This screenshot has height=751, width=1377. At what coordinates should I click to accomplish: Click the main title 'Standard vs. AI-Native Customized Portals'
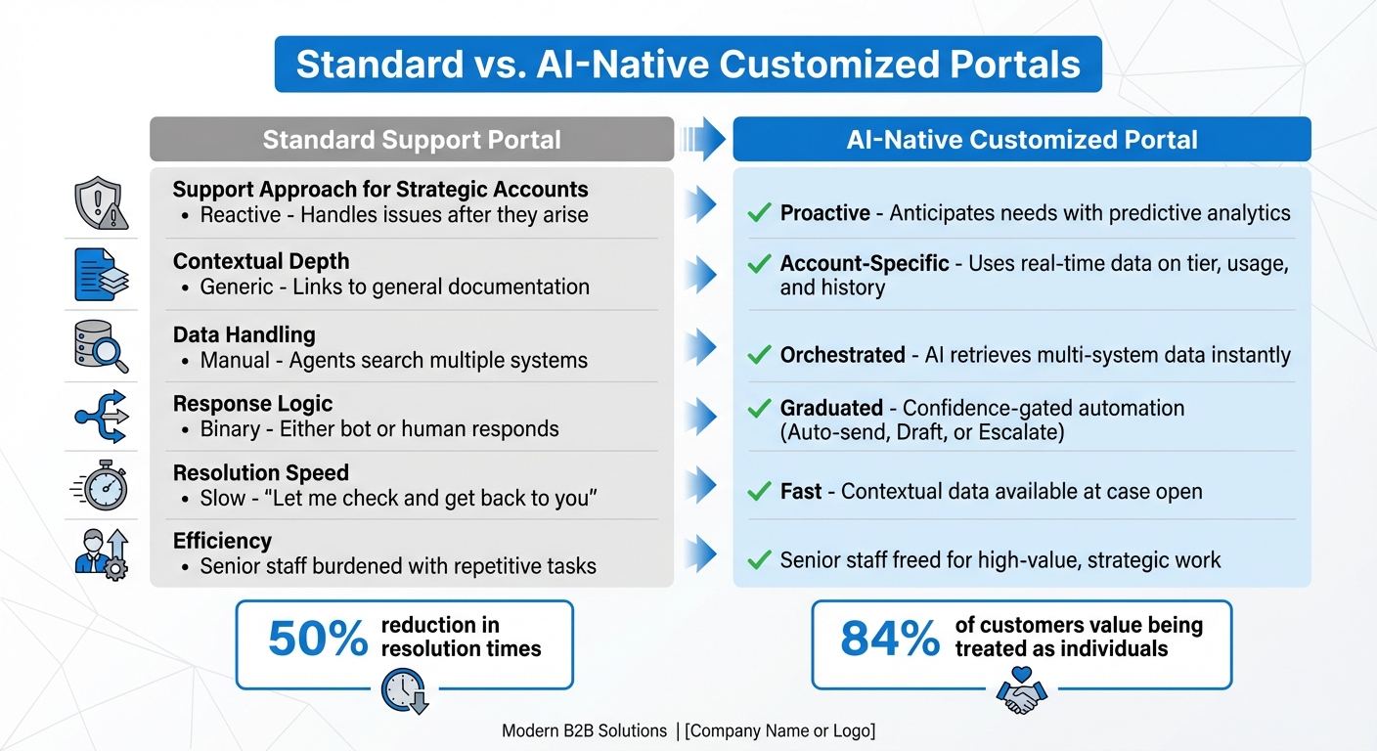coord(688,65)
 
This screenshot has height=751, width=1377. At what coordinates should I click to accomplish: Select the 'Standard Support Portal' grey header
coord(412,140)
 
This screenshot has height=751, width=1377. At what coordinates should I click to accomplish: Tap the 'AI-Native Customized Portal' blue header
coord(1022,140)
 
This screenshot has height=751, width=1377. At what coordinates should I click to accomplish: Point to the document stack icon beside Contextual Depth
coord(101,275)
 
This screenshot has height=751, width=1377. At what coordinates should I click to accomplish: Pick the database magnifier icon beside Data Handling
coord(101,347)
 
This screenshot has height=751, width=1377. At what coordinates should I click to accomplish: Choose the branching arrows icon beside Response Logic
coord(101,417)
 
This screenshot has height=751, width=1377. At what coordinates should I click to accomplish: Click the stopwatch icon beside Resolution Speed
coord(101,486)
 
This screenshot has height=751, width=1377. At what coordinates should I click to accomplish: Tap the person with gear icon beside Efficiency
coord(101,553)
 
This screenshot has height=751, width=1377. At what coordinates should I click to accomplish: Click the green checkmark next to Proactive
coord(759,213)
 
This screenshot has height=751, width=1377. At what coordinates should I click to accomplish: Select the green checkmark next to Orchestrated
coord(759,355)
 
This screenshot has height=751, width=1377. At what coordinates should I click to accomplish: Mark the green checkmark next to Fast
coord(759,492)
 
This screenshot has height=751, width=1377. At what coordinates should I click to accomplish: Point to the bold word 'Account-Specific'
coord(865,263)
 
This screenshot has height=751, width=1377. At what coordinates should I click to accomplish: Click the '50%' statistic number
coord(317,639)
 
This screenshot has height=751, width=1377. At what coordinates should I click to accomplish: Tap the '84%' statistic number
coord(890,639)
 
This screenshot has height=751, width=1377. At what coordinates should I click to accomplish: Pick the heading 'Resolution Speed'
coord(261,473)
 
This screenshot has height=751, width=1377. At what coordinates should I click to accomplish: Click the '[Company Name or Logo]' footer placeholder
coord(779,731)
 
